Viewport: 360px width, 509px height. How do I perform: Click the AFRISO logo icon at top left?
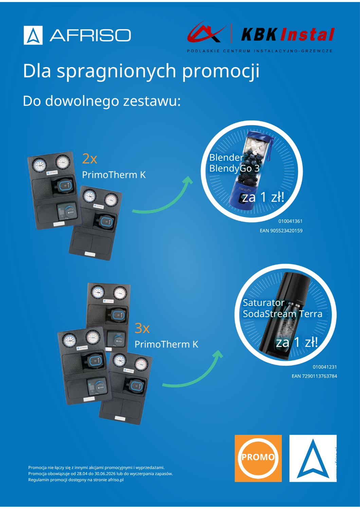33,35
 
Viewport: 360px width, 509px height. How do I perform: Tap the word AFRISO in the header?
90,35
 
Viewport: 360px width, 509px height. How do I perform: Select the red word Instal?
307,35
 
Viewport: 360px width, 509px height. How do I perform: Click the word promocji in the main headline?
221,71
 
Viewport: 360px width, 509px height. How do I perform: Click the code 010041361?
290,221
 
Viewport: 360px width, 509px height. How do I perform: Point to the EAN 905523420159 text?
281,231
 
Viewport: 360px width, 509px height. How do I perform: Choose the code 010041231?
325,367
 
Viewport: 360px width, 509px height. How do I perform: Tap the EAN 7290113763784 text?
314,376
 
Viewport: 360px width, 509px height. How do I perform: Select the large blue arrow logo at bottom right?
313,458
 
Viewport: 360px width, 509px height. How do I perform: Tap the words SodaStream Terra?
283,314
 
